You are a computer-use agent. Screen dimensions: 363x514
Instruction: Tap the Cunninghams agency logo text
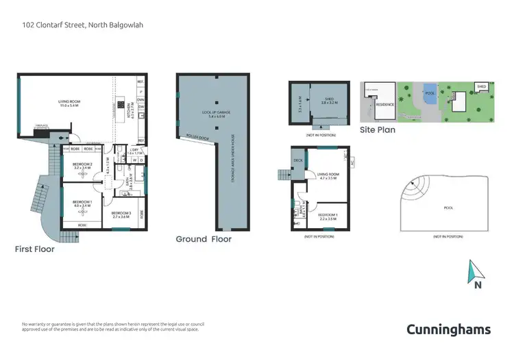(449, 329)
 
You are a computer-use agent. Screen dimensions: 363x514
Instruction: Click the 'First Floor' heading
(35, 249)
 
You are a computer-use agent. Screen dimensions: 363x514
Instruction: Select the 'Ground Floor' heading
(204, 239)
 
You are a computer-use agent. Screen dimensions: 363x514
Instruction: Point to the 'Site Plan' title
(378, 129)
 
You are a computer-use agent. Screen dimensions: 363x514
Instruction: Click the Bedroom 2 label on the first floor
(82, 165)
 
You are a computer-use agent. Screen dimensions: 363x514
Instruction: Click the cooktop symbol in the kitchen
(121, 105)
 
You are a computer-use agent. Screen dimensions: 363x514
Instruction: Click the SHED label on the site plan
(482, 87)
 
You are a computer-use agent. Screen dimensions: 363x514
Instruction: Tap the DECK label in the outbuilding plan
(298, 161)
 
